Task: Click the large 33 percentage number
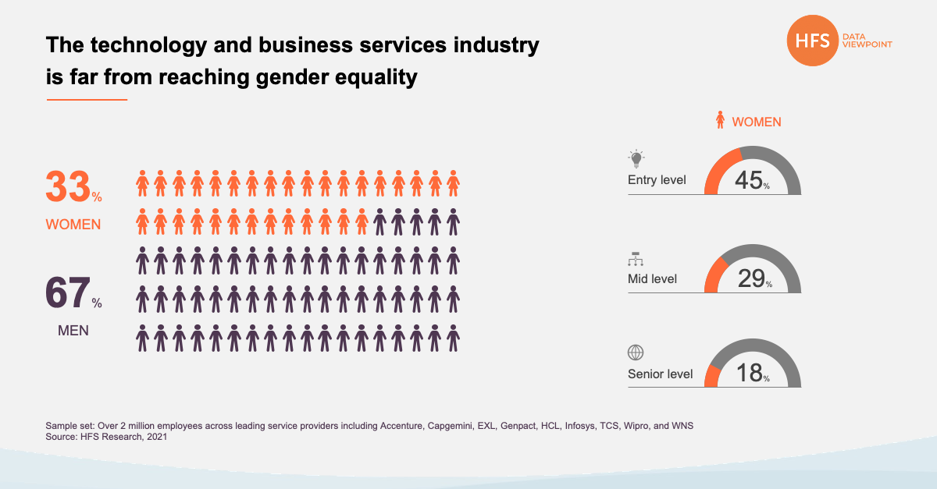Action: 68,187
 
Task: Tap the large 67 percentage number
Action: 68,295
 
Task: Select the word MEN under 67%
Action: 73,331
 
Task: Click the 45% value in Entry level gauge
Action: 749,180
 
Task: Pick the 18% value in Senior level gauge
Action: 750,373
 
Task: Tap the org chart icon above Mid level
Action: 636,259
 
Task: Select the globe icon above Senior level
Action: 636,353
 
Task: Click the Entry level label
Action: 657,180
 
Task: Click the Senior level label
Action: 660,374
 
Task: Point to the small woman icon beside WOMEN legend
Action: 721,121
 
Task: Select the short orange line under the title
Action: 87,100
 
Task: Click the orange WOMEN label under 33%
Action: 73,225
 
